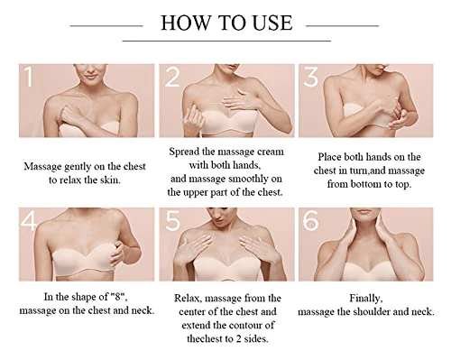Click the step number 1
(28, 77)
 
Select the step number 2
(172, 77)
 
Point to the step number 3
(310, 77)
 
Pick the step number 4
(29, 220)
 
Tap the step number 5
(172, 220)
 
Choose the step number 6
(310, 220)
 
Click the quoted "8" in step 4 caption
(119, 297)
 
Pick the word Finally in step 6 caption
(366, 299)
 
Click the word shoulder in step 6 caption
(372, 311)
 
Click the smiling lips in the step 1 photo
(91, 77)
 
